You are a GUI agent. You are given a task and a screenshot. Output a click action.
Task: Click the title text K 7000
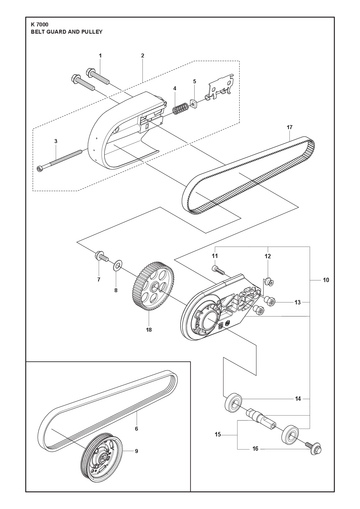[x=39, y=25]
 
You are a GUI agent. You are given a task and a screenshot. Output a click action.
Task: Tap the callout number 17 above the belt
[x=289, y=127]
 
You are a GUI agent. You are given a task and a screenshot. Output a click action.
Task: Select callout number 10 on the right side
[x=326, y=280]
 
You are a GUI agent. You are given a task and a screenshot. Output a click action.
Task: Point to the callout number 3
[x=56, y=141]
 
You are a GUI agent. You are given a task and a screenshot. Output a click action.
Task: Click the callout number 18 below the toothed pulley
[x=149, y=330]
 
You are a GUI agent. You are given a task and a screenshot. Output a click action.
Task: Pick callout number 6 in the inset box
[x=136, y=429]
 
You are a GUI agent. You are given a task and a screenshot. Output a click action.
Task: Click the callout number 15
[x=218, y=434]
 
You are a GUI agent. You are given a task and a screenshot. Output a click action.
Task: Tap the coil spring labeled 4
[x=180, y=109]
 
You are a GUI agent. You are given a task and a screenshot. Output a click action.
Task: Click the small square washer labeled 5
[x=194, y=104]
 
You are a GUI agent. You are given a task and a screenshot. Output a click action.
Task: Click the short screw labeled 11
[x=218, y=270]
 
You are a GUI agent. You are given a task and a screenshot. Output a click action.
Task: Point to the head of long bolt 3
[x=41, y=168]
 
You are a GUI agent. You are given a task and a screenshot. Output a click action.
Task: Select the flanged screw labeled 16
[x=313, y=447]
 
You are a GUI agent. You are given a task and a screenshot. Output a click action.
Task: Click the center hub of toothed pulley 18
[x=155, y=287]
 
